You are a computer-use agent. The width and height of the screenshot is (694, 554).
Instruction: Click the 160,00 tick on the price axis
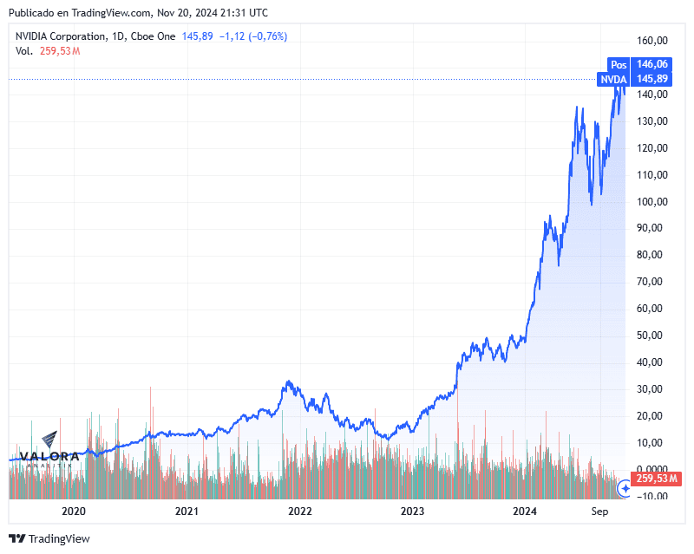(651, 41)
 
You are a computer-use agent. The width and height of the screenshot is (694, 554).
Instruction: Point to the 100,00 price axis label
(651, 201)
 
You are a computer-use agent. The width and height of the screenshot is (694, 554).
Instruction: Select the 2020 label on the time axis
(75, 512)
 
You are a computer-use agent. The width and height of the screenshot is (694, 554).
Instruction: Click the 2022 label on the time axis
(299, 512)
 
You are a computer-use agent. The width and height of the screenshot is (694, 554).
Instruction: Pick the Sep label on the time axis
(600, 512)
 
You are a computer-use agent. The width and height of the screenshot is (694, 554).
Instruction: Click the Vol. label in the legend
(24, 51)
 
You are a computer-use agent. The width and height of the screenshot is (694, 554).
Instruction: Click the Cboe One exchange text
(155, 36)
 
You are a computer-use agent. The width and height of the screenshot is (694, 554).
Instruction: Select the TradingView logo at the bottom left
(49, 538)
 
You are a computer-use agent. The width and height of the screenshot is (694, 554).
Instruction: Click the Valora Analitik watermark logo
(49, 450)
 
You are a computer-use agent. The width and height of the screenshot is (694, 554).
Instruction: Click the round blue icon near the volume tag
(624, 489)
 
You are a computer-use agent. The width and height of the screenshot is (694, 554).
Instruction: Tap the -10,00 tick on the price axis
(651, 497)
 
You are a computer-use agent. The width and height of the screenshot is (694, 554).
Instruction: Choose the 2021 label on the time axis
(187, 512)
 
